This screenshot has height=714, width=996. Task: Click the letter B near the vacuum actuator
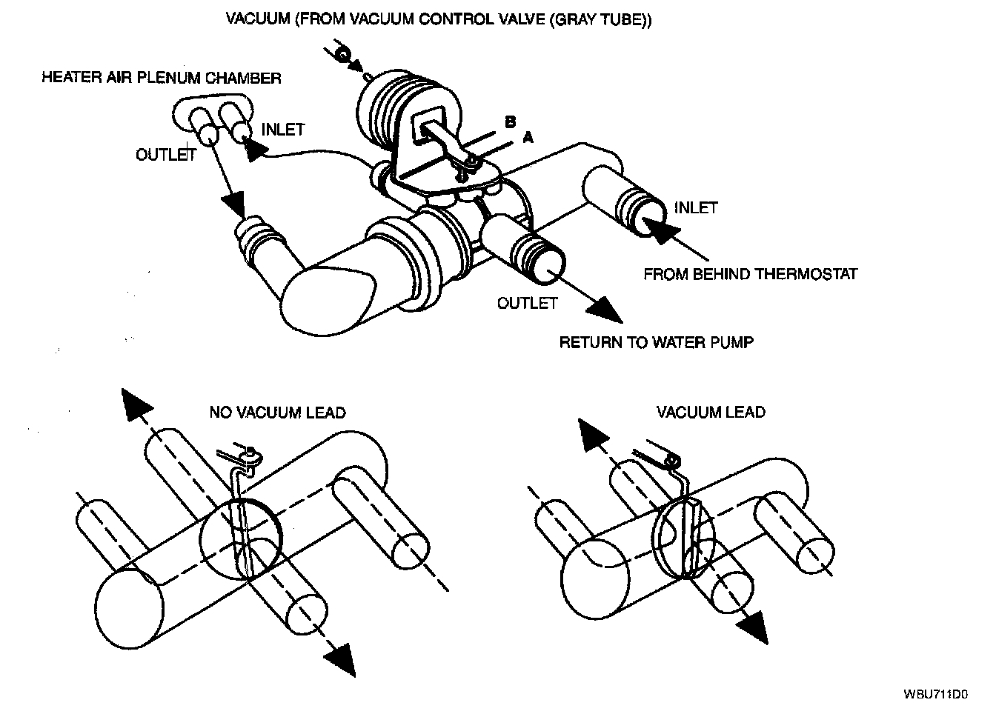(x=510, y=121)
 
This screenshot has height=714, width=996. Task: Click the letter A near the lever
(x=527, y=136)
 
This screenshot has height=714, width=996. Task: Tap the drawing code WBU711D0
(x=936, y=694)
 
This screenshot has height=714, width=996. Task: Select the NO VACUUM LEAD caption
(x=277, y=412)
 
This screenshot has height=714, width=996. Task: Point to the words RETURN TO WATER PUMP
(x=656, y=342)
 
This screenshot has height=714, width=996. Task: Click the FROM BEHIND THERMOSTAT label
(x=750, y=274)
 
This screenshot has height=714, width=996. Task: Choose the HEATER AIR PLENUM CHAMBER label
(x=162, y=78)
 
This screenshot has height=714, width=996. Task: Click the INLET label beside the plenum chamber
(x=282, y=130)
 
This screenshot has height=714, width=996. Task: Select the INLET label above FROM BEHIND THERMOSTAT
(x=696, y=207)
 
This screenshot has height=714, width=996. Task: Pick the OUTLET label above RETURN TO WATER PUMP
(x=527, y=303)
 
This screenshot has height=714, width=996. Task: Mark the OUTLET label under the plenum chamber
(x=165, y=154)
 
